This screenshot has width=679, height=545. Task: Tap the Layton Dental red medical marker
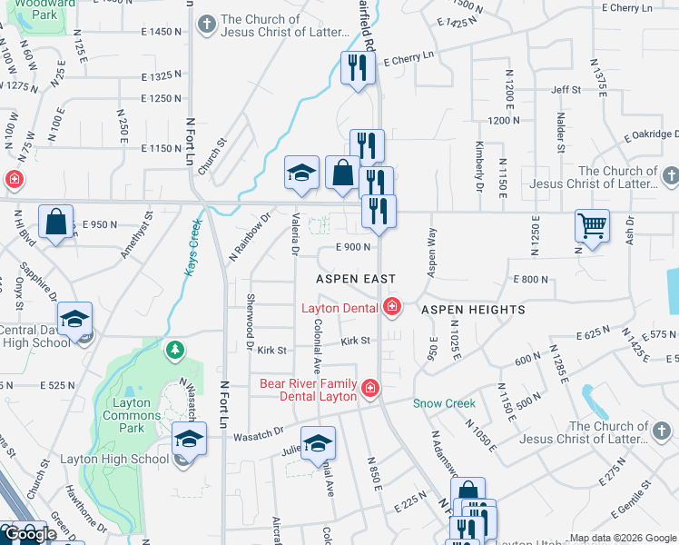[x=391, y=308]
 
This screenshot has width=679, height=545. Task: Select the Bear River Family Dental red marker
[x=369, y=389]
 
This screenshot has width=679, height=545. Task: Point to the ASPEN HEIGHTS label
[x=473, y=310]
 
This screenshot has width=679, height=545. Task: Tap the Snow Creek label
[x=444, y=403]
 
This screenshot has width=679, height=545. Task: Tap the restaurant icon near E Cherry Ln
[x=359, y=66]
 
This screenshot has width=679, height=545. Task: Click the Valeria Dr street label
[x=296, y=234]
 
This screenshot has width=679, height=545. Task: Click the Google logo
[x=29, y=534]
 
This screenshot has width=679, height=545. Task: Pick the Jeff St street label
[x=565, y=90]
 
